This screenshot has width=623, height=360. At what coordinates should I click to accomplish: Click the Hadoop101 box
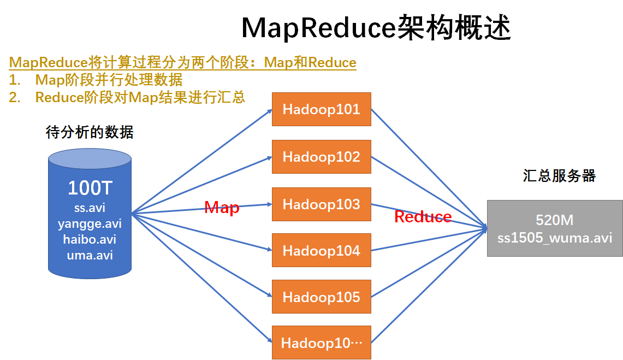tap(322, 109)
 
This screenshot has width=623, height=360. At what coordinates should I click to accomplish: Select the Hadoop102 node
tap(322, 157)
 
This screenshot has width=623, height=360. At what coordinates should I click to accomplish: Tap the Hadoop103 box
tap(322, 204)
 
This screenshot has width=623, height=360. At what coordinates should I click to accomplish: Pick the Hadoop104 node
tap(322, 251)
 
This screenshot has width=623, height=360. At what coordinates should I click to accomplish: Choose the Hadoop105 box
tap(322, 297)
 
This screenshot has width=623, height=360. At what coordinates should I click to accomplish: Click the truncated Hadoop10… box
tap(322, 343)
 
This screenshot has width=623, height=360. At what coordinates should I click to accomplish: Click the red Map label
tap(222, 208)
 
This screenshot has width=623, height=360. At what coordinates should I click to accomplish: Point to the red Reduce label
tap(423, 217)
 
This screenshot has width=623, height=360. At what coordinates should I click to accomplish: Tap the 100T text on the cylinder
tap(90, 188)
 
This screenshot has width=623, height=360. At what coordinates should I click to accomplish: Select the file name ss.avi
tap(90, 208)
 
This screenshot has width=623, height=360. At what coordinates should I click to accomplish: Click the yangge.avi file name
tap(90, 224)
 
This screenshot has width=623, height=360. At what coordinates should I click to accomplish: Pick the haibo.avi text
tap(90, 239)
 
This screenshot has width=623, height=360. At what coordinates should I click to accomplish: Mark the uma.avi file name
tap(90, 255)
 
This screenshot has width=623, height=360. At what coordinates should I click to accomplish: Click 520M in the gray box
tap(555, 220)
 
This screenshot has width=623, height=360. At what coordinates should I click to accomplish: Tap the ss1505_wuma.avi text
tap(555, 238)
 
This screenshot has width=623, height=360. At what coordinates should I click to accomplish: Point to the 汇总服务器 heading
tap(559, 176)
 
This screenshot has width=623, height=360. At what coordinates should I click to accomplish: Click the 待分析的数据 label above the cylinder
tap(90, 132)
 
